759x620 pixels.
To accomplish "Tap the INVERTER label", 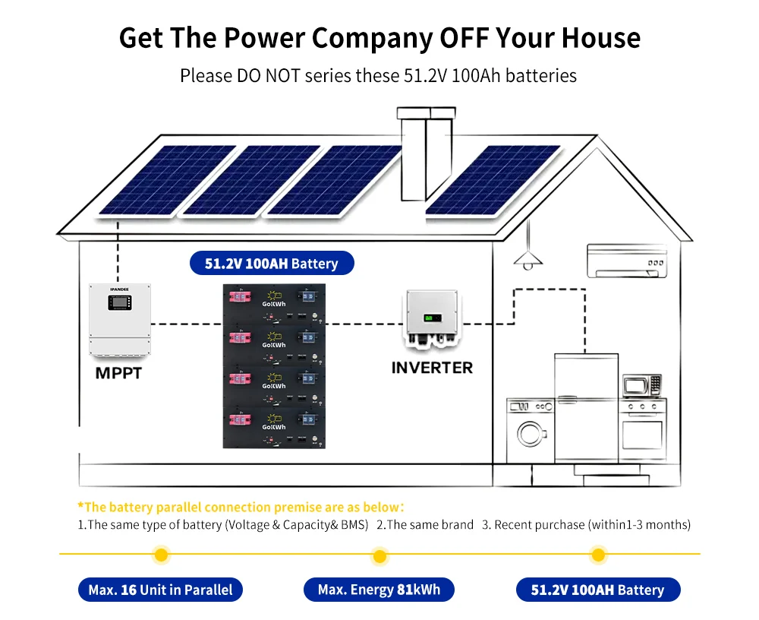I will [x=432, y=368].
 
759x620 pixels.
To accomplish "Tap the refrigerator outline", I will [x=585, y=410].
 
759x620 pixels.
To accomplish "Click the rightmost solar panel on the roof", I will [x=493, y=179].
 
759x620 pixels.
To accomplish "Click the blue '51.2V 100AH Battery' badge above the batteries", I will [x=271, y=264].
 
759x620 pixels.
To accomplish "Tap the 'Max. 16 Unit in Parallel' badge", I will [x=160, y=590].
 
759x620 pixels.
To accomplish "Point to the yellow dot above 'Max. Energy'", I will [x=379, y=556].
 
